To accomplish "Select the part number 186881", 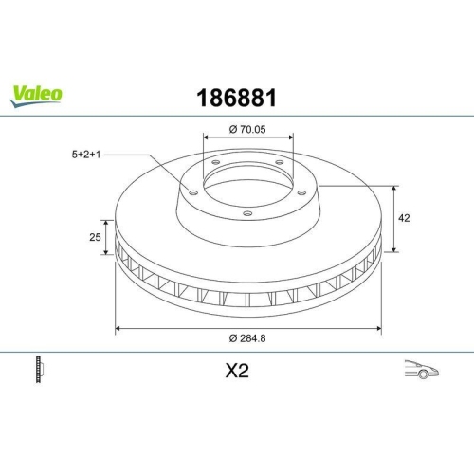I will point(237,97).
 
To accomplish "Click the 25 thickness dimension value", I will point(95,237).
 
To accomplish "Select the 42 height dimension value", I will point(404,218).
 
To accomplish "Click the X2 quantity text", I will point(237,372).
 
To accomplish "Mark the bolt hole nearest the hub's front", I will point(246,213).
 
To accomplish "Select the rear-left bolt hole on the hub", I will point(215,162).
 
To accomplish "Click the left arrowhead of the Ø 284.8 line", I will point(118,328).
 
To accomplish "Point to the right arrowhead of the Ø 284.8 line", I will point(378,328).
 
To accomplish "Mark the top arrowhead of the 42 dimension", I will point(393,187).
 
